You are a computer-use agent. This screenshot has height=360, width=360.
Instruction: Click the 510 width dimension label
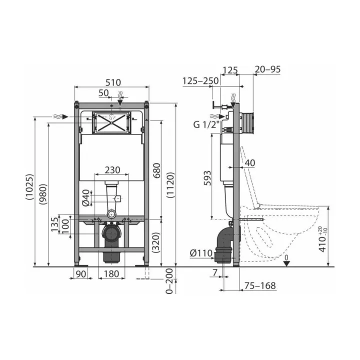pos(113,82)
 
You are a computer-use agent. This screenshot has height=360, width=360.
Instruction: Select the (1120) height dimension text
pos(170,185)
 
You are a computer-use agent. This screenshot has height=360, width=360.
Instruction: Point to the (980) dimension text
pos(43,194)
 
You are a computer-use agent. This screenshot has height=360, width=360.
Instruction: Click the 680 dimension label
pos(157,170)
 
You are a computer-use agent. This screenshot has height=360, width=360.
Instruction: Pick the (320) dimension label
pos(156,242)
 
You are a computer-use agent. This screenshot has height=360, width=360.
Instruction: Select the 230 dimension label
pos(112,170)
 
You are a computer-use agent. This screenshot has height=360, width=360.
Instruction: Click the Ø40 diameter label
pos(86,197)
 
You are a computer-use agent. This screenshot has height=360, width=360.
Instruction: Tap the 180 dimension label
pos(111,274)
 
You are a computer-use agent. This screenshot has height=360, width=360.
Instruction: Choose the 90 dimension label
pos(81,274)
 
